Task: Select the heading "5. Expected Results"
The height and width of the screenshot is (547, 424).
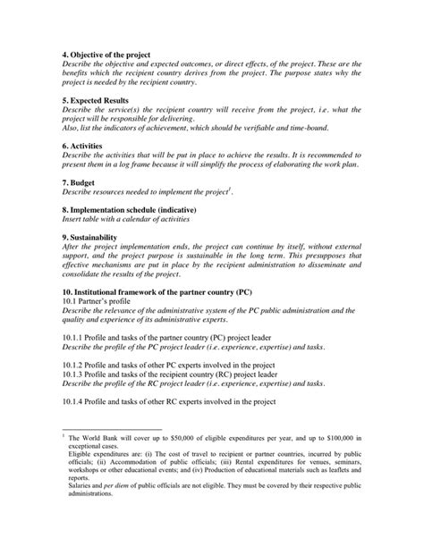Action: (97, 101)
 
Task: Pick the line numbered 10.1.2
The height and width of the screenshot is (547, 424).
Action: (179, 365)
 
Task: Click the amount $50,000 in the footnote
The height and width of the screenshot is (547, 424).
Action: (183, 437)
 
